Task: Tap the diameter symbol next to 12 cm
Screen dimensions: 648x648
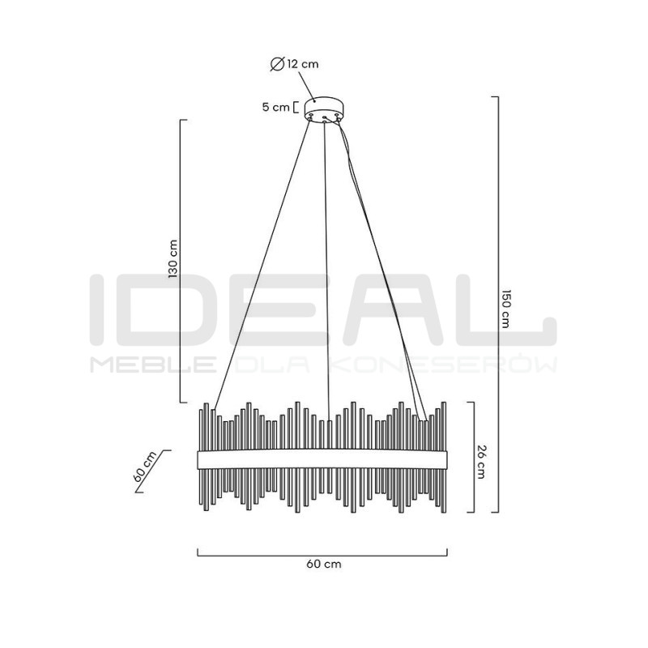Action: click(277, 65)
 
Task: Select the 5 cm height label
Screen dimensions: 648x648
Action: click(275, 107)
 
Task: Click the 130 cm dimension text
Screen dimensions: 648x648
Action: click(173, 259)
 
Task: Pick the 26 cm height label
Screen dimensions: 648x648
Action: click(480, 462)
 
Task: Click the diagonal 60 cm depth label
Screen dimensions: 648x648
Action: click(145, 467)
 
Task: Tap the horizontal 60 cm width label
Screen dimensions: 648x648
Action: click(324, 564)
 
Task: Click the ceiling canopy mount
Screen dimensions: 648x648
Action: click(325, 109)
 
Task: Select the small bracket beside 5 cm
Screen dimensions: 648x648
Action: click(295, 107)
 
